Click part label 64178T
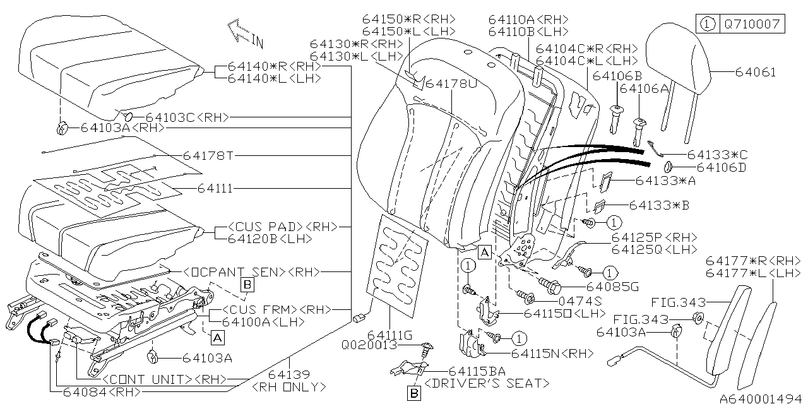(x=208, y=155)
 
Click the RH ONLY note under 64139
(x=288, y=386)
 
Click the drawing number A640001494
(x=760, y=398)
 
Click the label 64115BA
(x=477, y=371)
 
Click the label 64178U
(x=451, y=83)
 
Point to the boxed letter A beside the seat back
(x=484, y=252)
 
